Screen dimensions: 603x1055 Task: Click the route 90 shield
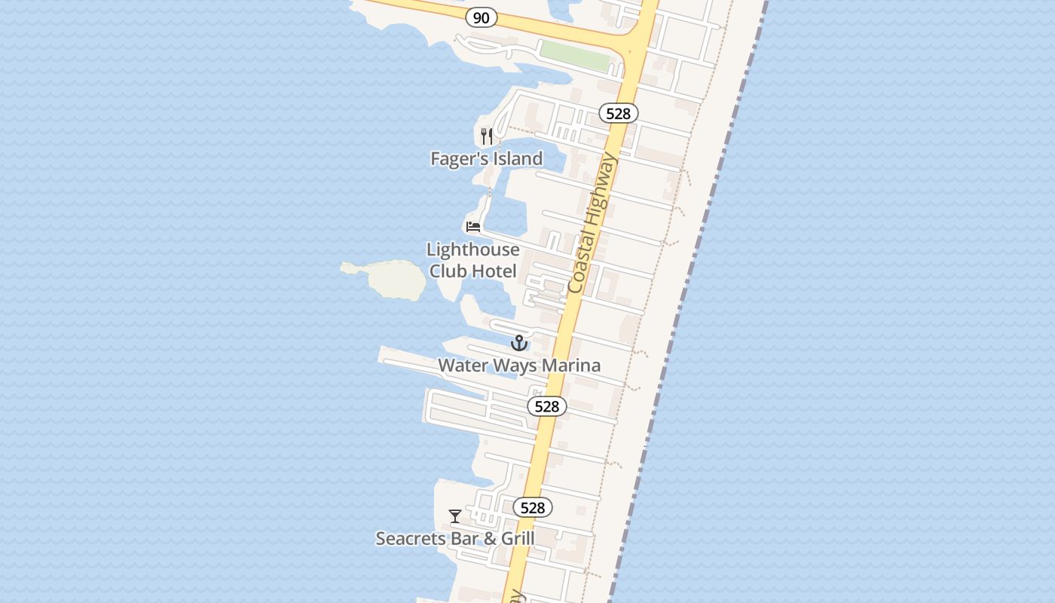pos(481,17)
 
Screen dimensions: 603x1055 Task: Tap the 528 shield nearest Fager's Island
pos(619,113)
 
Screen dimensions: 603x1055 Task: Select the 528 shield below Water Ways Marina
pos(547,406)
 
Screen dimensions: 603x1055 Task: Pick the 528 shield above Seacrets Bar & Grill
pos(533,507)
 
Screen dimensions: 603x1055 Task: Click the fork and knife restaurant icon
pos(487,136)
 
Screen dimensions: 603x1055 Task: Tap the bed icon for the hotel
pos(473,226)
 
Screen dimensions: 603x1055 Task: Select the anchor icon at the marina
pos(518,344)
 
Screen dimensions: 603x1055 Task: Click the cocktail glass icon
pos(455,516)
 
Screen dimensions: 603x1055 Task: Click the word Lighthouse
pos(472,249)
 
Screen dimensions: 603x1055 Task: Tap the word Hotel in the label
pos(494,271)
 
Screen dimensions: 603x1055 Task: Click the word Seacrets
pos(411,538)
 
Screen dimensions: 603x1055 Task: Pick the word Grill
pos(518,538)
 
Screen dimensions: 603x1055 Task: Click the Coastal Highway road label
pos(592,223)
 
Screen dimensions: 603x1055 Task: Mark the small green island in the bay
pos(393,279)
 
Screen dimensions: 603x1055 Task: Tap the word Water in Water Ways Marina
pos(463,366)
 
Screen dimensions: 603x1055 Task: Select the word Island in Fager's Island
pos(516,158)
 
